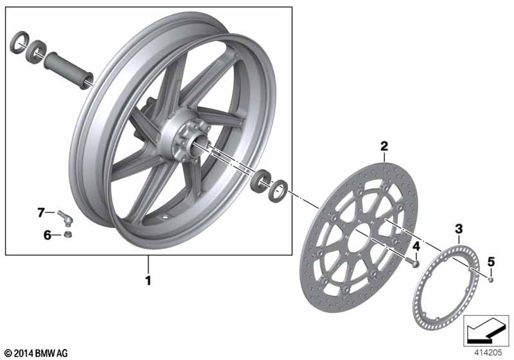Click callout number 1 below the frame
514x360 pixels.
point(148,281)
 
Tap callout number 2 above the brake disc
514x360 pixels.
point(384,147)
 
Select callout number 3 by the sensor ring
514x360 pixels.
point(458,228)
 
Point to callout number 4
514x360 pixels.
point(416,246)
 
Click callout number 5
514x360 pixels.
point(491,261)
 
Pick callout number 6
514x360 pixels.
point(48,235)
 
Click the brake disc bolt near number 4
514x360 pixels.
point(415,262)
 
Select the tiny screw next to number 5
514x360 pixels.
point(491,278)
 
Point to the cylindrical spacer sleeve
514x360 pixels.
point(67,66)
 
